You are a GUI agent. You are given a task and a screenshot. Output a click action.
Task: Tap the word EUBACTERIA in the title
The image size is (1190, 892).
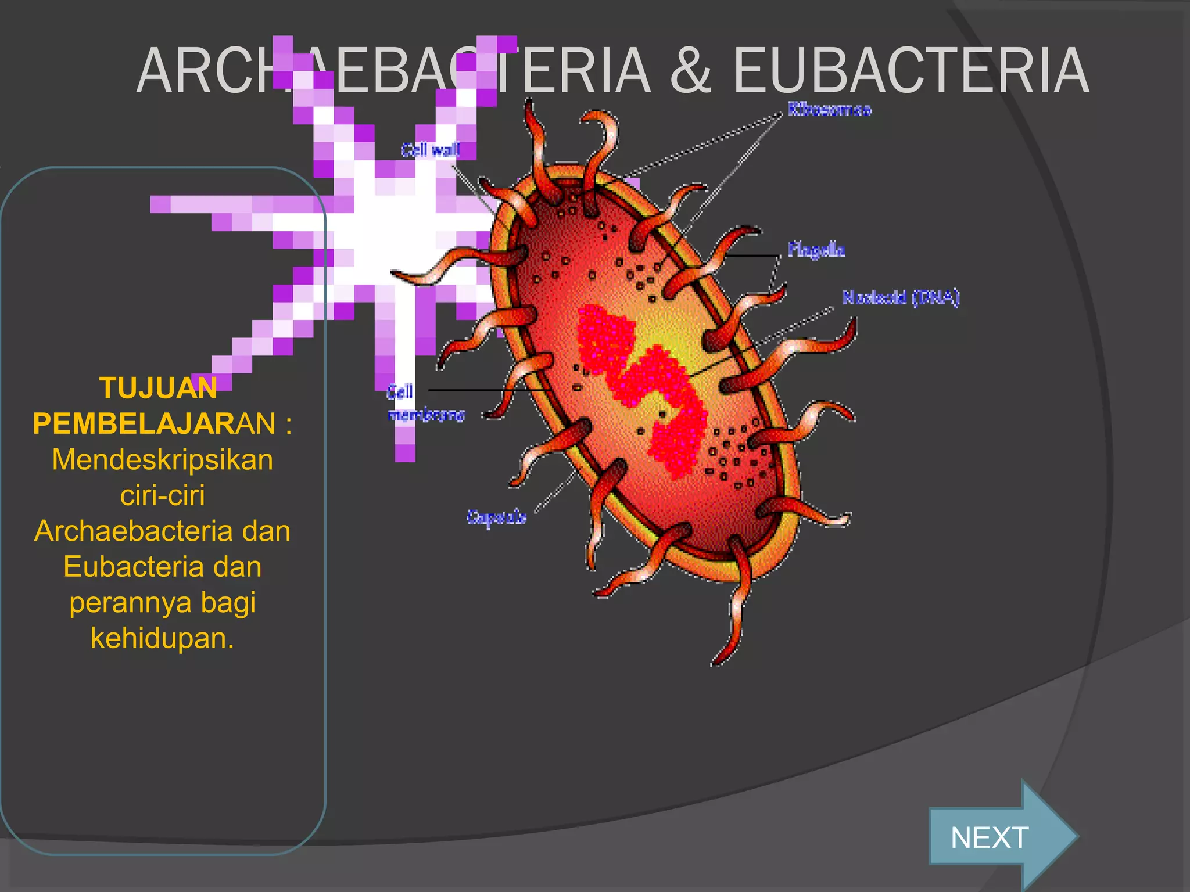(911, 71)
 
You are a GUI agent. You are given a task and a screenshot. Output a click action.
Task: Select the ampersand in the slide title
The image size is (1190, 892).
(690, 71)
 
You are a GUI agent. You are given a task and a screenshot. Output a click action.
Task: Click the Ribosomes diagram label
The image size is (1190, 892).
(830, 109)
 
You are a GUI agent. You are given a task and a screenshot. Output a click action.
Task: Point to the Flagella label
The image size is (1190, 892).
(816, 250)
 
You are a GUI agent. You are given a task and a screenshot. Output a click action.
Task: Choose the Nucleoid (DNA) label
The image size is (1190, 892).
(901, 297)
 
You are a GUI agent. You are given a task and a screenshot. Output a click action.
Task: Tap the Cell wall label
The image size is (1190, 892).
(430, 150)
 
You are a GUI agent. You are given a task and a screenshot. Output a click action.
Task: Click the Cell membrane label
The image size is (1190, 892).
(425, 403)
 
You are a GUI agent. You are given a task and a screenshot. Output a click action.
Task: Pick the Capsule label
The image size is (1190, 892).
(497, 517)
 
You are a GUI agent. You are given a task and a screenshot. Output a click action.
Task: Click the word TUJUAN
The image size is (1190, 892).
(158, 388)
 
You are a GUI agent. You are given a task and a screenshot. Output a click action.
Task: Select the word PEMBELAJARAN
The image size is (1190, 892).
(154, 423)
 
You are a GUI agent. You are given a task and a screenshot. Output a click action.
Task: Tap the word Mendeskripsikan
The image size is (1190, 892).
(163, 459)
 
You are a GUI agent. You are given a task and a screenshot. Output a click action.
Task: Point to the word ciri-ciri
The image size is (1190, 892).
(163, 495)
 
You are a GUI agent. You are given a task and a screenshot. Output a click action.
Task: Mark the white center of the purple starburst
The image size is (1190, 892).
(383, 232)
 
